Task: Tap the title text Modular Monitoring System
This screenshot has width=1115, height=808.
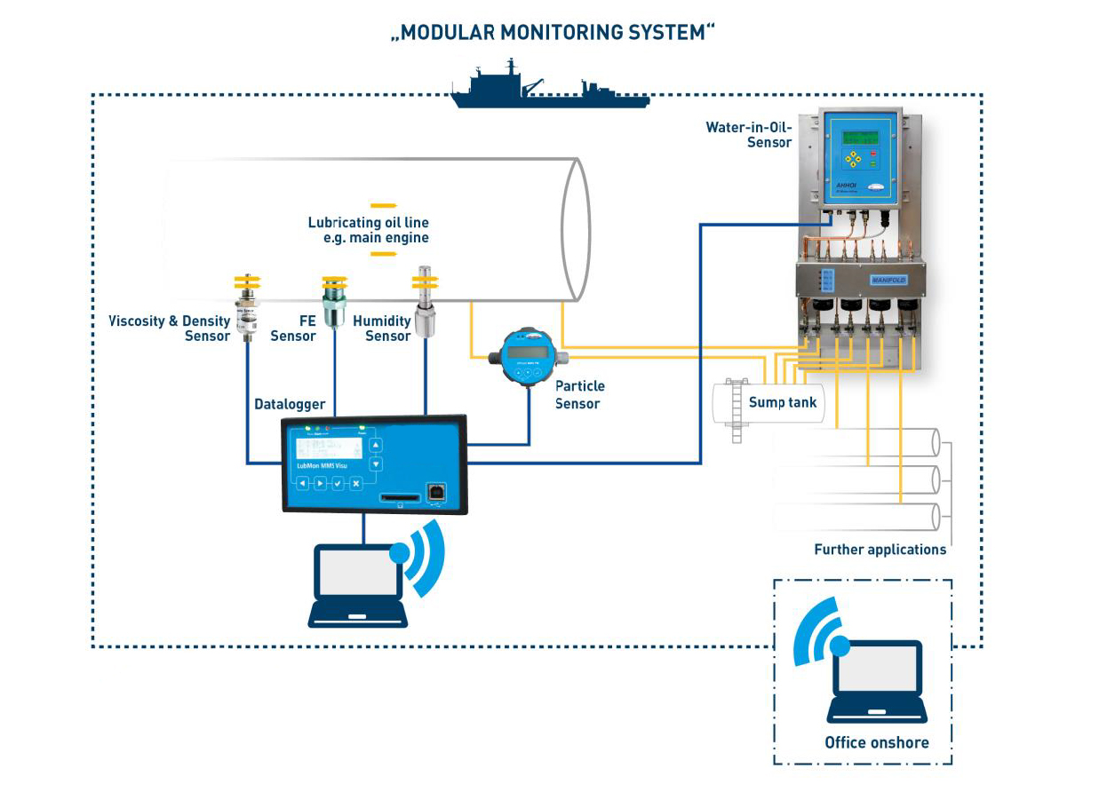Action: (x=554, y=34)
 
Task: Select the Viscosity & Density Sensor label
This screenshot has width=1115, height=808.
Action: (x=170, y=329)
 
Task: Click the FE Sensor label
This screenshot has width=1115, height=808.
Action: (x=293, y=329)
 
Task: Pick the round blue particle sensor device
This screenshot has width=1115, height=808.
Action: (x=527, y=358)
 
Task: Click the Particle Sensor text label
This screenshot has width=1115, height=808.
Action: (x=579, y=395)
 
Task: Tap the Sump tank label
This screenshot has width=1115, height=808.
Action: (x=783, y=402)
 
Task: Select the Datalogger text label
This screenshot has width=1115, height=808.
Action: (x=290, y=405)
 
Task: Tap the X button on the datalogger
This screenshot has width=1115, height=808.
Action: (x=355, y=483)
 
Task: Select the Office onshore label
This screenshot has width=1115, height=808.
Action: (x=876, y=742)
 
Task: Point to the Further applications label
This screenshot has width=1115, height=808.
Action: (x=880, y=550)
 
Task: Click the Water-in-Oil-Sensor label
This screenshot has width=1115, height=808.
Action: (x=748, y=135)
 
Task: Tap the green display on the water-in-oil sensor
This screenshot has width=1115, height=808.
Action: (x=860, y=139)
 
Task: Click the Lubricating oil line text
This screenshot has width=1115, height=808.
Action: (x=368, y=230)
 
